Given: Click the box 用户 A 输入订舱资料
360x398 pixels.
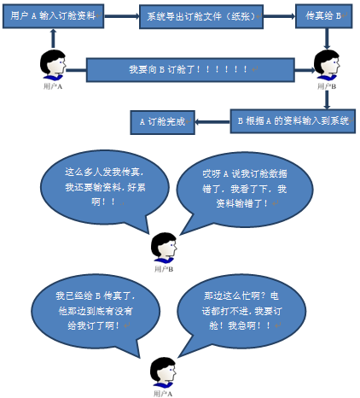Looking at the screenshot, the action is coord(53,16).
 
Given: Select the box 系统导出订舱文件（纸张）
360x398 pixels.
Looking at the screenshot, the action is coord(201,16).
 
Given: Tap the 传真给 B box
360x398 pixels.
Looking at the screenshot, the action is coord(324,16).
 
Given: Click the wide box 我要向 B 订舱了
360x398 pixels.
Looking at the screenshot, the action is coord(190,70).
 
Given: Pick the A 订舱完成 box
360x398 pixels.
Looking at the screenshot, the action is coord(163,122).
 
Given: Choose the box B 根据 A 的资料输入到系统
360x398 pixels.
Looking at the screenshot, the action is coord(293,121).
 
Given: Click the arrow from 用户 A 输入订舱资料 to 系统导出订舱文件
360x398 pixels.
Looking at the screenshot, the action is coord(122,16).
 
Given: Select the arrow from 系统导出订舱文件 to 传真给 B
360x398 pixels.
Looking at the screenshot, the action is coord(279,16).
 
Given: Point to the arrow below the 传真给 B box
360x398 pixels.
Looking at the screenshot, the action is coord(327,38).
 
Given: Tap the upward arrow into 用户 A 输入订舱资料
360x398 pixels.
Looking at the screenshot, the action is coord(53,38).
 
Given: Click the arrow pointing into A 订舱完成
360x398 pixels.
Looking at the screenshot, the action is coord(212,122).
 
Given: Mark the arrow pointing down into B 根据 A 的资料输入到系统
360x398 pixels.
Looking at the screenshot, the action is coord(327,100).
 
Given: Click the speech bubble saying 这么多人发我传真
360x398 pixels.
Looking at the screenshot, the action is coord(105,188).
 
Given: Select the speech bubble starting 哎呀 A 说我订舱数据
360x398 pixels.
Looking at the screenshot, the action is coord(245,189).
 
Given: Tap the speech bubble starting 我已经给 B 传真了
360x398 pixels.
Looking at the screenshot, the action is coord(96,311).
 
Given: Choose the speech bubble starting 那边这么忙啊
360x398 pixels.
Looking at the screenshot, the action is coord(241,311).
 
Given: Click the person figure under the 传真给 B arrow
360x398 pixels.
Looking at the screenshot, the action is coord(327,66).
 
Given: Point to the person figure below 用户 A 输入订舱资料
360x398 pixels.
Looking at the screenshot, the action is coord(53,66).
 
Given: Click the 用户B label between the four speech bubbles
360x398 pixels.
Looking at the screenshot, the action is coord(164,269).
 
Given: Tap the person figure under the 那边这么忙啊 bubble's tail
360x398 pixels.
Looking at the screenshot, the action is coord(163,372).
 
